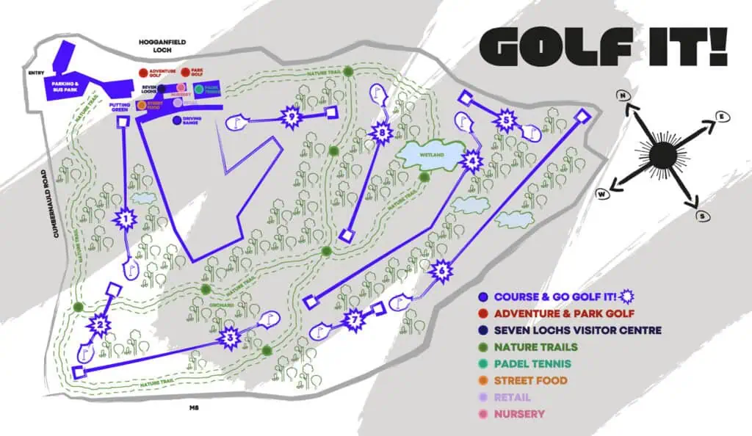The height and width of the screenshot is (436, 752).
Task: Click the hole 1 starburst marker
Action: [x=126, y=219]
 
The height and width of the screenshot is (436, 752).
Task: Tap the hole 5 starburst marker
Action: [x=506, y=120]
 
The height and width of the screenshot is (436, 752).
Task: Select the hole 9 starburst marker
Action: [x=292, y=117]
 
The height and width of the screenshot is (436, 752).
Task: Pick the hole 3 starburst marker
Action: [x=230, y=338]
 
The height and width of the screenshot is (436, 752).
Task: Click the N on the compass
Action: [x=624, y=96]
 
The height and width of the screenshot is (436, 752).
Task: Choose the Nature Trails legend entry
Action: [x=535, y=347]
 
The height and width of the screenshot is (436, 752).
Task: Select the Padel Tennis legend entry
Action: [x=532, y=364]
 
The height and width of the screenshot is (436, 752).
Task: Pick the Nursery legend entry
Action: [x=519, y=414]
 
